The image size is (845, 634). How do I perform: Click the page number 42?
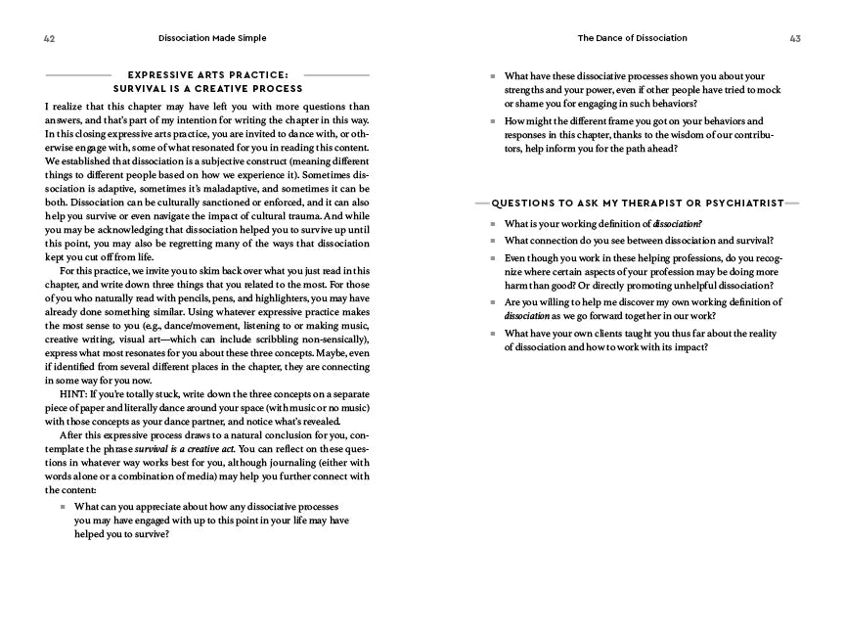(x=49, y=38)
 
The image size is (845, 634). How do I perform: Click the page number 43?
(x=794, y=38)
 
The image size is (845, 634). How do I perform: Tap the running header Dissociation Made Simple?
(x=212, y=38)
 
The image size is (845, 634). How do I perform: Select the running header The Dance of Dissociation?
(x=632, y=38)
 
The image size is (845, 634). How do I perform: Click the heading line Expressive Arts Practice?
(x=207, y=74)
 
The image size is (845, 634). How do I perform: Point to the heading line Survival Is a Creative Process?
(x=207, y=89)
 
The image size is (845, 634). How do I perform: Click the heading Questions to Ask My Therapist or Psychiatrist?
(x=637, y=204)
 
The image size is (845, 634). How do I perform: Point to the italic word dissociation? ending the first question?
(x=677, y=224)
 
